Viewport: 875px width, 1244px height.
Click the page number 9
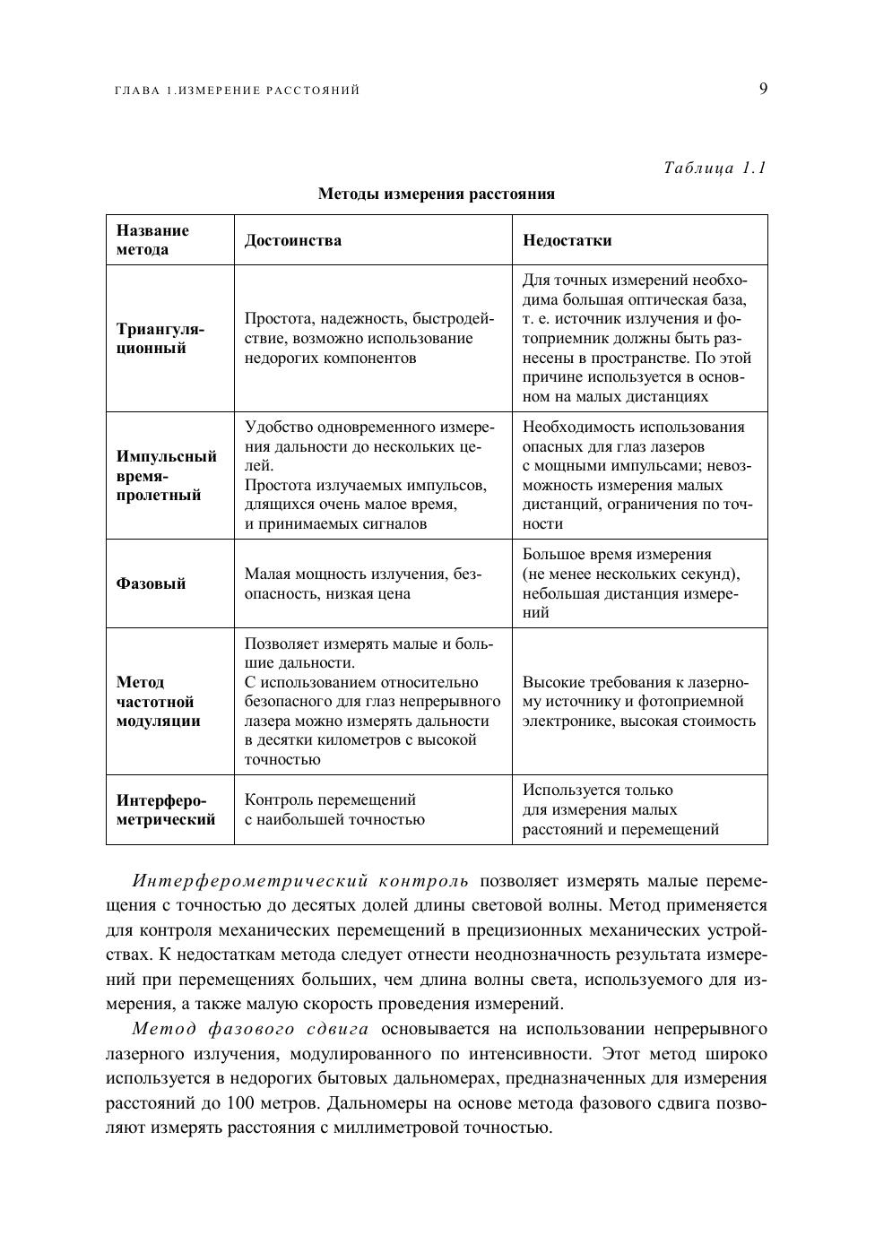coord(763,88)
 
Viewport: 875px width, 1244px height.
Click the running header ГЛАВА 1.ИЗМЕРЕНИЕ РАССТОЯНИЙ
coord(238,91)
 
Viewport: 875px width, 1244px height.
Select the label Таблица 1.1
coord(715,168)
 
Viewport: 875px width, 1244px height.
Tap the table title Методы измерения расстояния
coord(437,194)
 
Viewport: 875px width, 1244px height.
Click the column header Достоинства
coord(293,240)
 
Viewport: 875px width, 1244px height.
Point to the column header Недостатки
coord(567,240)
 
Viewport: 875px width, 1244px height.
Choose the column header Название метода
coord(153,240)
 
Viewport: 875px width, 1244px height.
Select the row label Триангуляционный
coord(160,339)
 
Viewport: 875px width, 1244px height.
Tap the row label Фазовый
coord(152,583)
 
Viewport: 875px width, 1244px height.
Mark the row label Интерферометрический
coord(166,809)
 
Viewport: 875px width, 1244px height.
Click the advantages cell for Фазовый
coord(363,583)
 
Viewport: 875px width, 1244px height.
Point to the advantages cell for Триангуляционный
coord(368,339)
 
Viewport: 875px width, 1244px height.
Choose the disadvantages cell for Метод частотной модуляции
coord(638,702)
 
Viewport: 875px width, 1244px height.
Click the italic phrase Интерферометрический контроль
coord(300,881)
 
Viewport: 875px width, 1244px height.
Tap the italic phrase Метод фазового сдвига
coord(250,1029)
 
